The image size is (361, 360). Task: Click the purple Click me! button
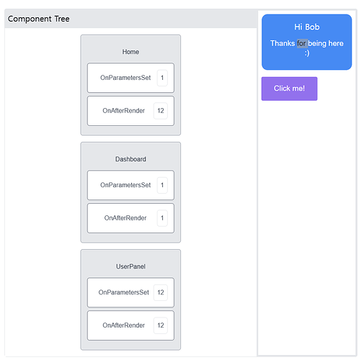point(289,89)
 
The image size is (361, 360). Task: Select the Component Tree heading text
point(39,19)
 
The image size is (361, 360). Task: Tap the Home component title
point(130,52)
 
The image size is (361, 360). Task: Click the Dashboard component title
point(130,159)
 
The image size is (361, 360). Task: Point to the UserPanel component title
point(130,266)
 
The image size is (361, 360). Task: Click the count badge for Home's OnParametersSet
point(162,78)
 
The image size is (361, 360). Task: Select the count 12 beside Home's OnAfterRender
point(161,111)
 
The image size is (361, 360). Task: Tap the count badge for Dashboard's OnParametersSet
point(162,185)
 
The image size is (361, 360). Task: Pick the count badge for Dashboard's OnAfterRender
point(162,218)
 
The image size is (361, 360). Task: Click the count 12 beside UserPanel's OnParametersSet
point(161,292)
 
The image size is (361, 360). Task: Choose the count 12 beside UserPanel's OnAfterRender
point(161,325)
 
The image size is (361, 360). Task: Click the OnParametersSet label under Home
point(125,78)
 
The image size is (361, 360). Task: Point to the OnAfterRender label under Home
point(124,111)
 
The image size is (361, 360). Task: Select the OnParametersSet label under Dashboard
point(125,185)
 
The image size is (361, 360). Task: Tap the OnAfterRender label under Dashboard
point(125,218)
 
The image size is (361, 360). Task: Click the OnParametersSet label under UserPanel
point(124,292)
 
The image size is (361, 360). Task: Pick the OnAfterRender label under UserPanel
point(124,325)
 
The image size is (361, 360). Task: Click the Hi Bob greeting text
point(307,27)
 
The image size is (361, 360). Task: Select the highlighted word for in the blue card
point(301,43)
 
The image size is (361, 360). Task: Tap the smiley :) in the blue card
point(307,53)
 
